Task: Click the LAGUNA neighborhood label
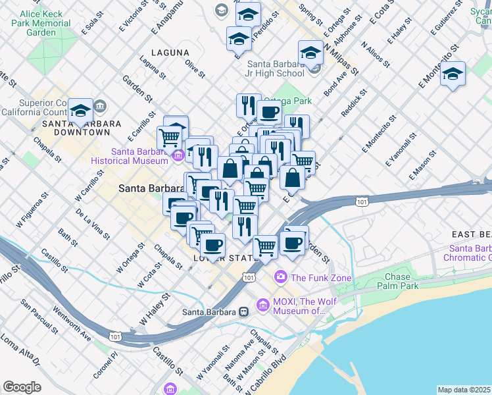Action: [x=170, y=52]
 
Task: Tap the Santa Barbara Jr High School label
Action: [x=276, y=68]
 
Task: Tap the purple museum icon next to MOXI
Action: [x=263, y=305]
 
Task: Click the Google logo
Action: [x=22, y=386]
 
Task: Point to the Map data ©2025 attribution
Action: [x=463, y=390]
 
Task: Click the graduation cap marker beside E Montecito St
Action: [x=453, y=74]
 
